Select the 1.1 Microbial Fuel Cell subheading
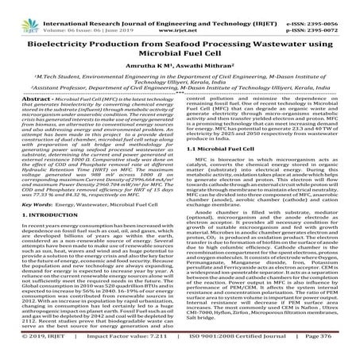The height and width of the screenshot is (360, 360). (x=223, y=170)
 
